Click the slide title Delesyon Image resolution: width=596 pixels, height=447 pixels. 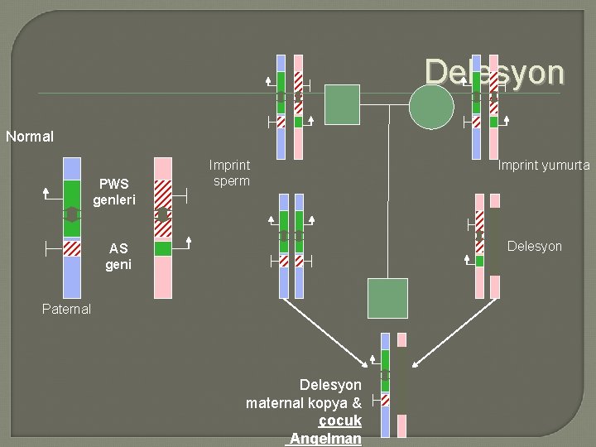click(494, 72)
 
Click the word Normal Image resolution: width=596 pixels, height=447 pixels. click(30, 137)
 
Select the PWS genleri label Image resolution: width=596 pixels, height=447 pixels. click(114, 192)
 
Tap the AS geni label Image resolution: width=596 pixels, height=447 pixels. click(118, 257)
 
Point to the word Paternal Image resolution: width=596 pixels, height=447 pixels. click(66, 309)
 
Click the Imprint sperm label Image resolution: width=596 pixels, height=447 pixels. click(230, 174)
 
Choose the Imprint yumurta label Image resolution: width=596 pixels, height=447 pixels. click(544, 166)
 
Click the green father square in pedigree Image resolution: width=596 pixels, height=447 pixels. click(342, 104)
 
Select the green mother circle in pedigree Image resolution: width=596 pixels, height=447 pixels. click(431, 107)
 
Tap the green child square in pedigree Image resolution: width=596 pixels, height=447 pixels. click(387, 298)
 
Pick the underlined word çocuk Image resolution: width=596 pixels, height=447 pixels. click(340, 421)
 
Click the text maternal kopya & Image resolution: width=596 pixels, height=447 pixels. click(304, 403)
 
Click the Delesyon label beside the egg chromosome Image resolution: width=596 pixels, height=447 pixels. click(534, 247)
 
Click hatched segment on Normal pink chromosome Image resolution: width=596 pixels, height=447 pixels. click(163, 197)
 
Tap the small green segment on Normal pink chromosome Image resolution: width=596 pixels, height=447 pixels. click(163, 248)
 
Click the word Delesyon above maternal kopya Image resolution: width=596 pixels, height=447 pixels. click(330, 385)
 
